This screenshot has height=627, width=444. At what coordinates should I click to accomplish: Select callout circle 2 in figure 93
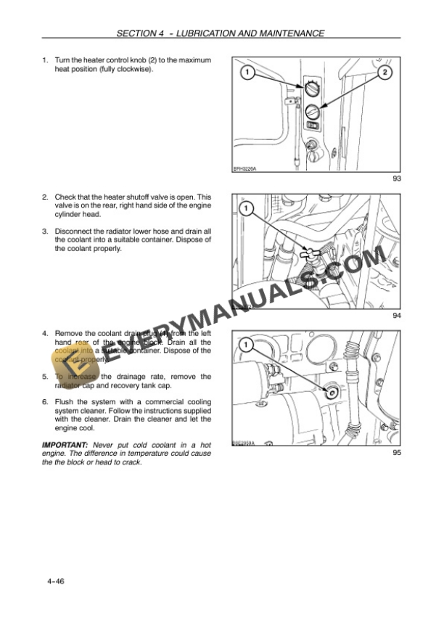click(x=385, y=73)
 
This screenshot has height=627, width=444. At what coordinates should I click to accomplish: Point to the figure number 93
click(x=396, y=179)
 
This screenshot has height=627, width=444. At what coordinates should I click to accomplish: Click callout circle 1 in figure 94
click(x=246, y=210)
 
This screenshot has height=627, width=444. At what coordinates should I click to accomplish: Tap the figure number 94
click(x=396, y=315)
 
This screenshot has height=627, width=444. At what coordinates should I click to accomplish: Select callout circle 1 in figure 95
click(x=246, y=344)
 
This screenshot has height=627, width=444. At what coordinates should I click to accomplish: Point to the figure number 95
click(x=396, y=452)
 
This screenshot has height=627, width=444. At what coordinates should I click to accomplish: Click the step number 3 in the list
click(x=45, y=231)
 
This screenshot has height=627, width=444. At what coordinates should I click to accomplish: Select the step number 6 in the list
click(x=45, y=402)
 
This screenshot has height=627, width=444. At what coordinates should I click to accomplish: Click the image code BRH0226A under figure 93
click(x=245, y=169)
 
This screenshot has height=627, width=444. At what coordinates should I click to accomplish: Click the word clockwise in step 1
click(x=136, y=69)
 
